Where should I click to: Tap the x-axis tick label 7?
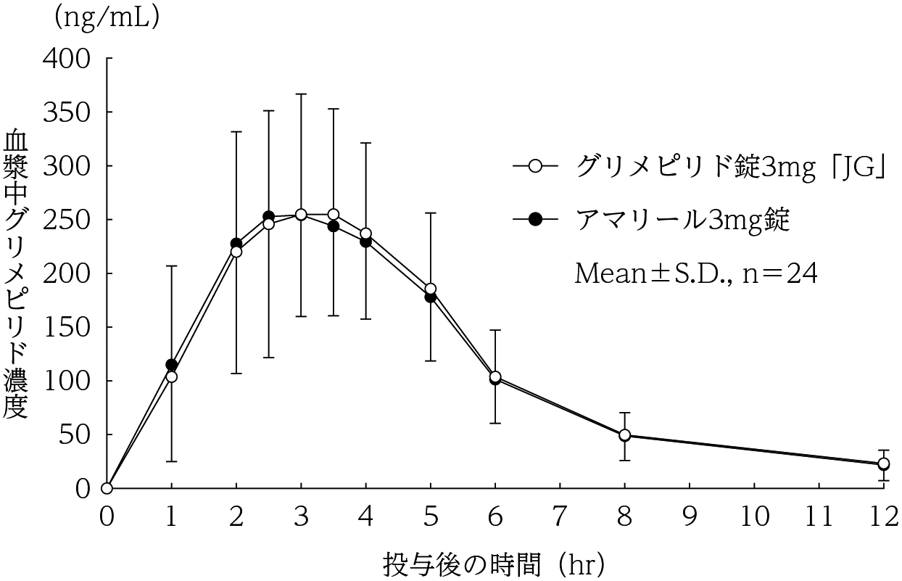tap(560, 517)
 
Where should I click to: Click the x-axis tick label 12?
tap(882, 517)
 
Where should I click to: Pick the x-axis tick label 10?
tap(753, 517)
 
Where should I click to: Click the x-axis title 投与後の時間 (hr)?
tap(494, 561)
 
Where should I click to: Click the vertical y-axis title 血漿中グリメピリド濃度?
tap(17, 274)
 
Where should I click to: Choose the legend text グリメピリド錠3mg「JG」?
tap(732, 166)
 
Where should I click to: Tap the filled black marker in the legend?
tap(536, 219)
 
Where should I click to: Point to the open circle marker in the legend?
tap(536, 166)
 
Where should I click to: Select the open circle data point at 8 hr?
tap(624, 435)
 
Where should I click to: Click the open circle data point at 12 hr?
tap(883, 463)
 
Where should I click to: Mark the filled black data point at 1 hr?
tap(171, 365)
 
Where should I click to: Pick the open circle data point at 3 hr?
tap(301, 215)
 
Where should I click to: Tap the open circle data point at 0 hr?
tap(107, 488)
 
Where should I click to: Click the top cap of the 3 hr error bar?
tap(301, 94)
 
